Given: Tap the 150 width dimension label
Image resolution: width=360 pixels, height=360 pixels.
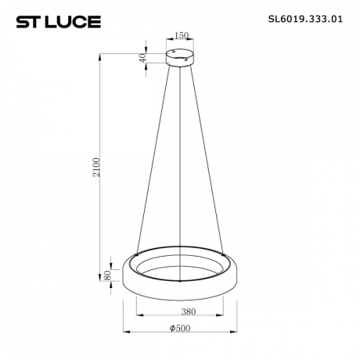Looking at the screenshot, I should [181, 36].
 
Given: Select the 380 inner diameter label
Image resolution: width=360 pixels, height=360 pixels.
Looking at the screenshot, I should [181, 311].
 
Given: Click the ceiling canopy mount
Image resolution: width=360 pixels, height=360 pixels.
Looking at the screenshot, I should [181, 56].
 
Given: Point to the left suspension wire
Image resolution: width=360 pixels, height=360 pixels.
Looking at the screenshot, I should [157, 157].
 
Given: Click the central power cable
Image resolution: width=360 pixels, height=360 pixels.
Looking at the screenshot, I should [181, 157].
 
